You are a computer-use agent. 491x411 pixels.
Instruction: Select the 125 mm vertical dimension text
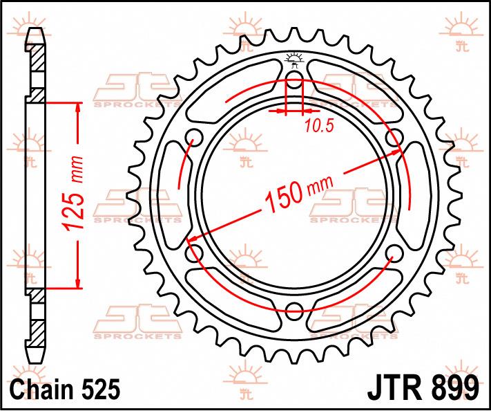[74, 193]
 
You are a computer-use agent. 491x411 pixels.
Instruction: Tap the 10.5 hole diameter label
[319, 126]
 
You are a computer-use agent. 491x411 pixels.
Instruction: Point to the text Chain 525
[65, 389]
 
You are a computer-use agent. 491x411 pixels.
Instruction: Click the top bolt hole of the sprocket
[294, 80]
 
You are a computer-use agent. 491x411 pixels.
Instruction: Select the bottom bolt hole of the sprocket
[295, 311]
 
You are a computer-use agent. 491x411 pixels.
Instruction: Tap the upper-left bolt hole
[195, 138]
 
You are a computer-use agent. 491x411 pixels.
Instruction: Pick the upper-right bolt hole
[394, 138]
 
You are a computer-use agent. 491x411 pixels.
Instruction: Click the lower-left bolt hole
[195, 253]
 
